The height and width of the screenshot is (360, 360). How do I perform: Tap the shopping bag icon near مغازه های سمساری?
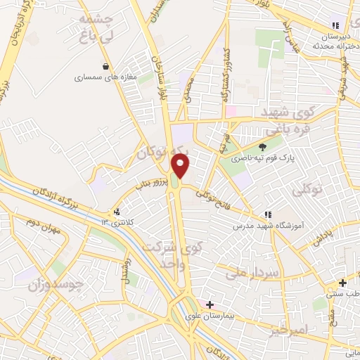coord(105,67)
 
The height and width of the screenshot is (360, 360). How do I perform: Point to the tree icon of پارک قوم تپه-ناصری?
coord(262,147)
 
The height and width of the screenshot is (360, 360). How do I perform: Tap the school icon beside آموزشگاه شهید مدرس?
coord(266,214)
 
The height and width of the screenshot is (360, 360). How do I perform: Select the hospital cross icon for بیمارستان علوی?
coord(210,304)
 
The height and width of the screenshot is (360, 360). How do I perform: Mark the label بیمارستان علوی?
coord(229,313)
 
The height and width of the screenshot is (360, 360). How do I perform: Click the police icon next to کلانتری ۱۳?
coord(117,212)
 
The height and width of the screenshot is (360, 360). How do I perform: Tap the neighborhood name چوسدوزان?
coord(56,285)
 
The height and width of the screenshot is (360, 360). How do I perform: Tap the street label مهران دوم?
coord(41,228)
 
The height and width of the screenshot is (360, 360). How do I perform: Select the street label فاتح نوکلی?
coord(214,198)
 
